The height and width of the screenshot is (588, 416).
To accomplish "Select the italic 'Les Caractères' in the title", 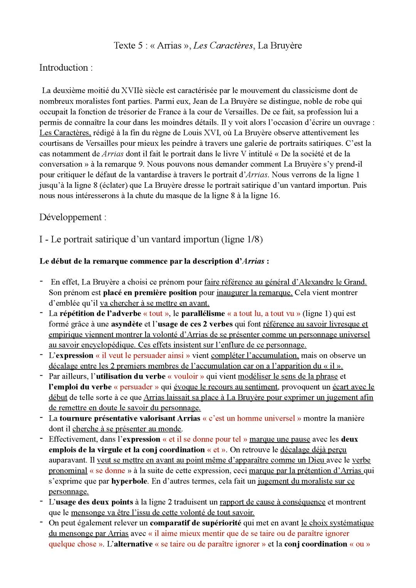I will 223,45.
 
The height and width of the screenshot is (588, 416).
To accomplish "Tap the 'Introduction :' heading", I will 66,68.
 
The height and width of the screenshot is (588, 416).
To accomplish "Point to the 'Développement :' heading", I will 73,217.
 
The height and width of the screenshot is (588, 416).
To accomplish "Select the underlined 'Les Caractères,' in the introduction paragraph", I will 65,133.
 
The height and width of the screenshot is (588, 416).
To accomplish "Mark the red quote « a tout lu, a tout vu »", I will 264,314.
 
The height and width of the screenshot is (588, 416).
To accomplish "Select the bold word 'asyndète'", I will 127,324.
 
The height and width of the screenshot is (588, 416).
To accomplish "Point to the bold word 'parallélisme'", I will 203,314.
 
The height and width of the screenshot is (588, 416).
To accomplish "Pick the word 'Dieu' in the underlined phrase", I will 317,460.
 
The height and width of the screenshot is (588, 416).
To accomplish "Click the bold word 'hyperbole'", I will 129,481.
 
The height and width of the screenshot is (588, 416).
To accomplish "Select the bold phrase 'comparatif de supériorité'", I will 195,523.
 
